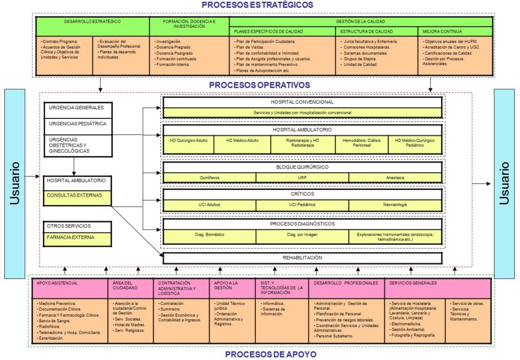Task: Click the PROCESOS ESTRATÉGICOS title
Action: [x=257, y=5]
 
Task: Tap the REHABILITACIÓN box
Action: [x=303, y=258]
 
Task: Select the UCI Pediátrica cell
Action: [x=302, y=205]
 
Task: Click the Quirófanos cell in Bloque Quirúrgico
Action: [x=210, y=178]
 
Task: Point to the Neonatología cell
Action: [x=395, y=205]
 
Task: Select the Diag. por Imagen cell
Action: [x=302, y=237]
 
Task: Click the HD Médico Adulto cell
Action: [x=242, y=144]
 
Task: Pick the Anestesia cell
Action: [x=395, y=178]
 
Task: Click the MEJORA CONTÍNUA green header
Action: [x=455, y=31]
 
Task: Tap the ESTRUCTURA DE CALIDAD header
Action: [x=376, y=31]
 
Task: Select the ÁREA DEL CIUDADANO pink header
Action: [x=131, y=288]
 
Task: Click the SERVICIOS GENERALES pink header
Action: [x=437, y=288]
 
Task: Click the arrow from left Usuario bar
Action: [x=32, y=176]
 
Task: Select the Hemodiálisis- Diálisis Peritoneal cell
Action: [x=362, y=144]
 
